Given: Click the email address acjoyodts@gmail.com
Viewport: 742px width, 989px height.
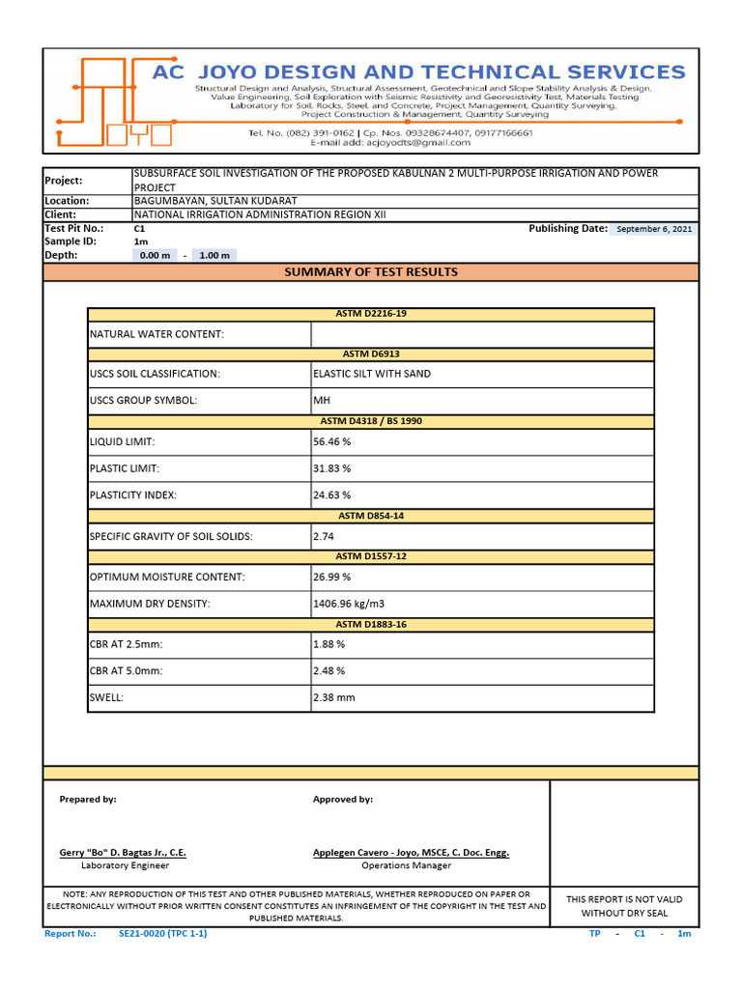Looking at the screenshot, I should pos(390,143).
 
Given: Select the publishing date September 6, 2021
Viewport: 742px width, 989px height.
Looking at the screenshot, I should pos(654,229).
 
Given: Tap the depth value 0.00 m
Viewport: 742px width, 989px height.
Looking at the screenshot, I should pos(155,256).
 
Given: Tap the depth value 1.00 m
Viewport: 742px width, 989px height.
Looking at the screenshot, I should pos(214,256).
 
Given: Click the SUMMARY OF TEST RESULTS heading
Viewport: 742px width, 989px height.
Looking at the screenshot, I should pos(371,272).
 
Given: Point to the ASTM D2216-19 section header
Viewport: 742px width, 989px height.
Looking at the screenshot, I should pos(371,314).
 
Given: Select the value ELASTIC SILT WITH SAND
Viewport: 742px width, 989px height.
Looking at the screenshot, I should pos(372,374).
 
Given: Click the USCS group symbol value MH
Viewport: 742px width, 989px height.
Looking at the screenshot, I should pos(322,401).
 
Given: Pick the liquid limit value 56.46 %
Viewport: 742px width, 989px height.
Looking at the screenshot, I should pos(331,441).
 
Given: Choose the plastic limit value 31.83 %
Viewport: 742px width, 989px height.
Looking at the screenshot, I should pos(331,468).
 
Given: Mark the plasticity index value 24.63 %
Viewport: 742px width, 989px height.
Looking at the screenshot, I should pos(331,495).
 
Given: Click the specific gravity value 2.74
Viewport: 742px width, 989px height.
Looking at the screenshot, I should pos(323,536).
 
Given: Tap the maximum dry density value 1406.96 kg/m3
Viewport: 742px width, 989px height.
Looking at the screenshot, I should pos(349,604).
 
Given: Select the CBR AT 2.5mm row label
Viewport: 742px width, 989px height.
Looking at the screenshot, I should pos(127,644).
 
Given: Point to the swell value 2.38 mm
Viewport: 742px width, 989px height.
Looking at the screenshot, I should pos(334,697).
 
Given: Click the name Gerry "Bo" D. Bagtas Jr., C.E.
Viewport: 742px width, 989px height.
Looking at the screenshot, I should pos(123,853).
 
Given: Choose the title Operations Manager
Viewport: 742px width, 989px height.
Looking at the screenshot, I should pos(406,865).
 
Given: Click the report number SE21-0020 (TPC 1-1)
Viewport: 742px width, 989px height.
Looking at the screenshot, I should pos(162,934).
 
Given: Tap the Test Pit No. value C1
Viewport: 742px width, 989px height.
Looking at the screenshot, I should pos(139,229).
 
